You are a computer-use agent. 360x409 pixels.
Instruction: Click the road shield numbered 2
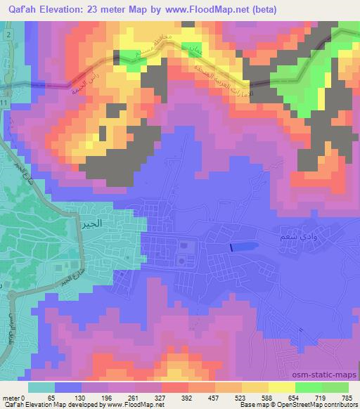(x=7, y=35)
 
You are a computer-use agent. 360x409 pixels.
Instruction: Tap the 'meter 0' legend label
(x=14, y=397)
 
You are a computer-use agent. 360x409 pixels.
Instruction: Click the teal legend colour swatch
(x=41, y=387)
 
